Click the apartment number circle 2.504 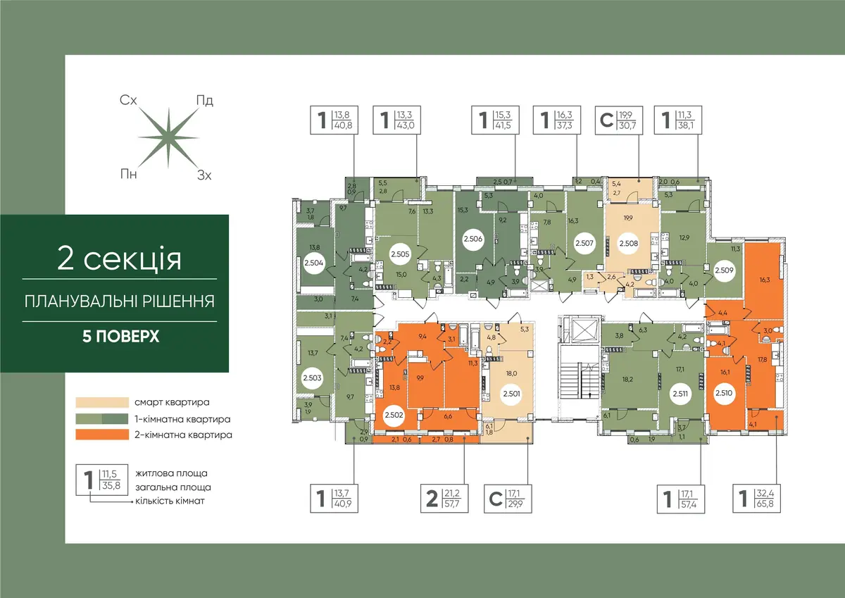click(x=313, y=263)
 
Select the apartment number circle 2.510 click(x=724, y=393)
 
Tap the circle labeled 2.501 click(x=511, y=394)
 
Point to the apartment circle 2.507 click(x=584, y=243)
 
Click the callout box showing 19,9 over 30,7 click(x=619, y=120)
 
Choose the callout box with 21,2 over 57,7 click(x=444, y=499)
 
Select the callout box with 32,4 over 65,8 click(x=756, y=499)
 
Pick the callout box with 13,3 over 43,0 click(x=396, y=120)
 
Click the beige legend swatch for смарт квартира click(x=102, y=402)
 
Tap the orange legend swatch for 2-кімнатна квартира click(x=102, y=435)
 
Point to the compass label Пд click(x=205, y=101)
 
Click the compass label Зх click(x=204, y=175)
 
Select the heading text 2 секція click(x=120, y=258)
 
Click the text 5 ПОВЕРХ click(x=120, y=336)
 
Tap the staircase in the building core click(x=580, y=383)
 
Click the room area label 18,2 click(x=627, y=380)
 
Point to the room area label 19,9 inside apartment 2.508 click(x=628, y=218)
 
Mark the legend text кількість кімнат click(x=170, y=501)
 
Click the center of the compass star click(x=168, y=138)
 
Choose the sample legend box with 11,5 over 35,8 click(x=102, y=480)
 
